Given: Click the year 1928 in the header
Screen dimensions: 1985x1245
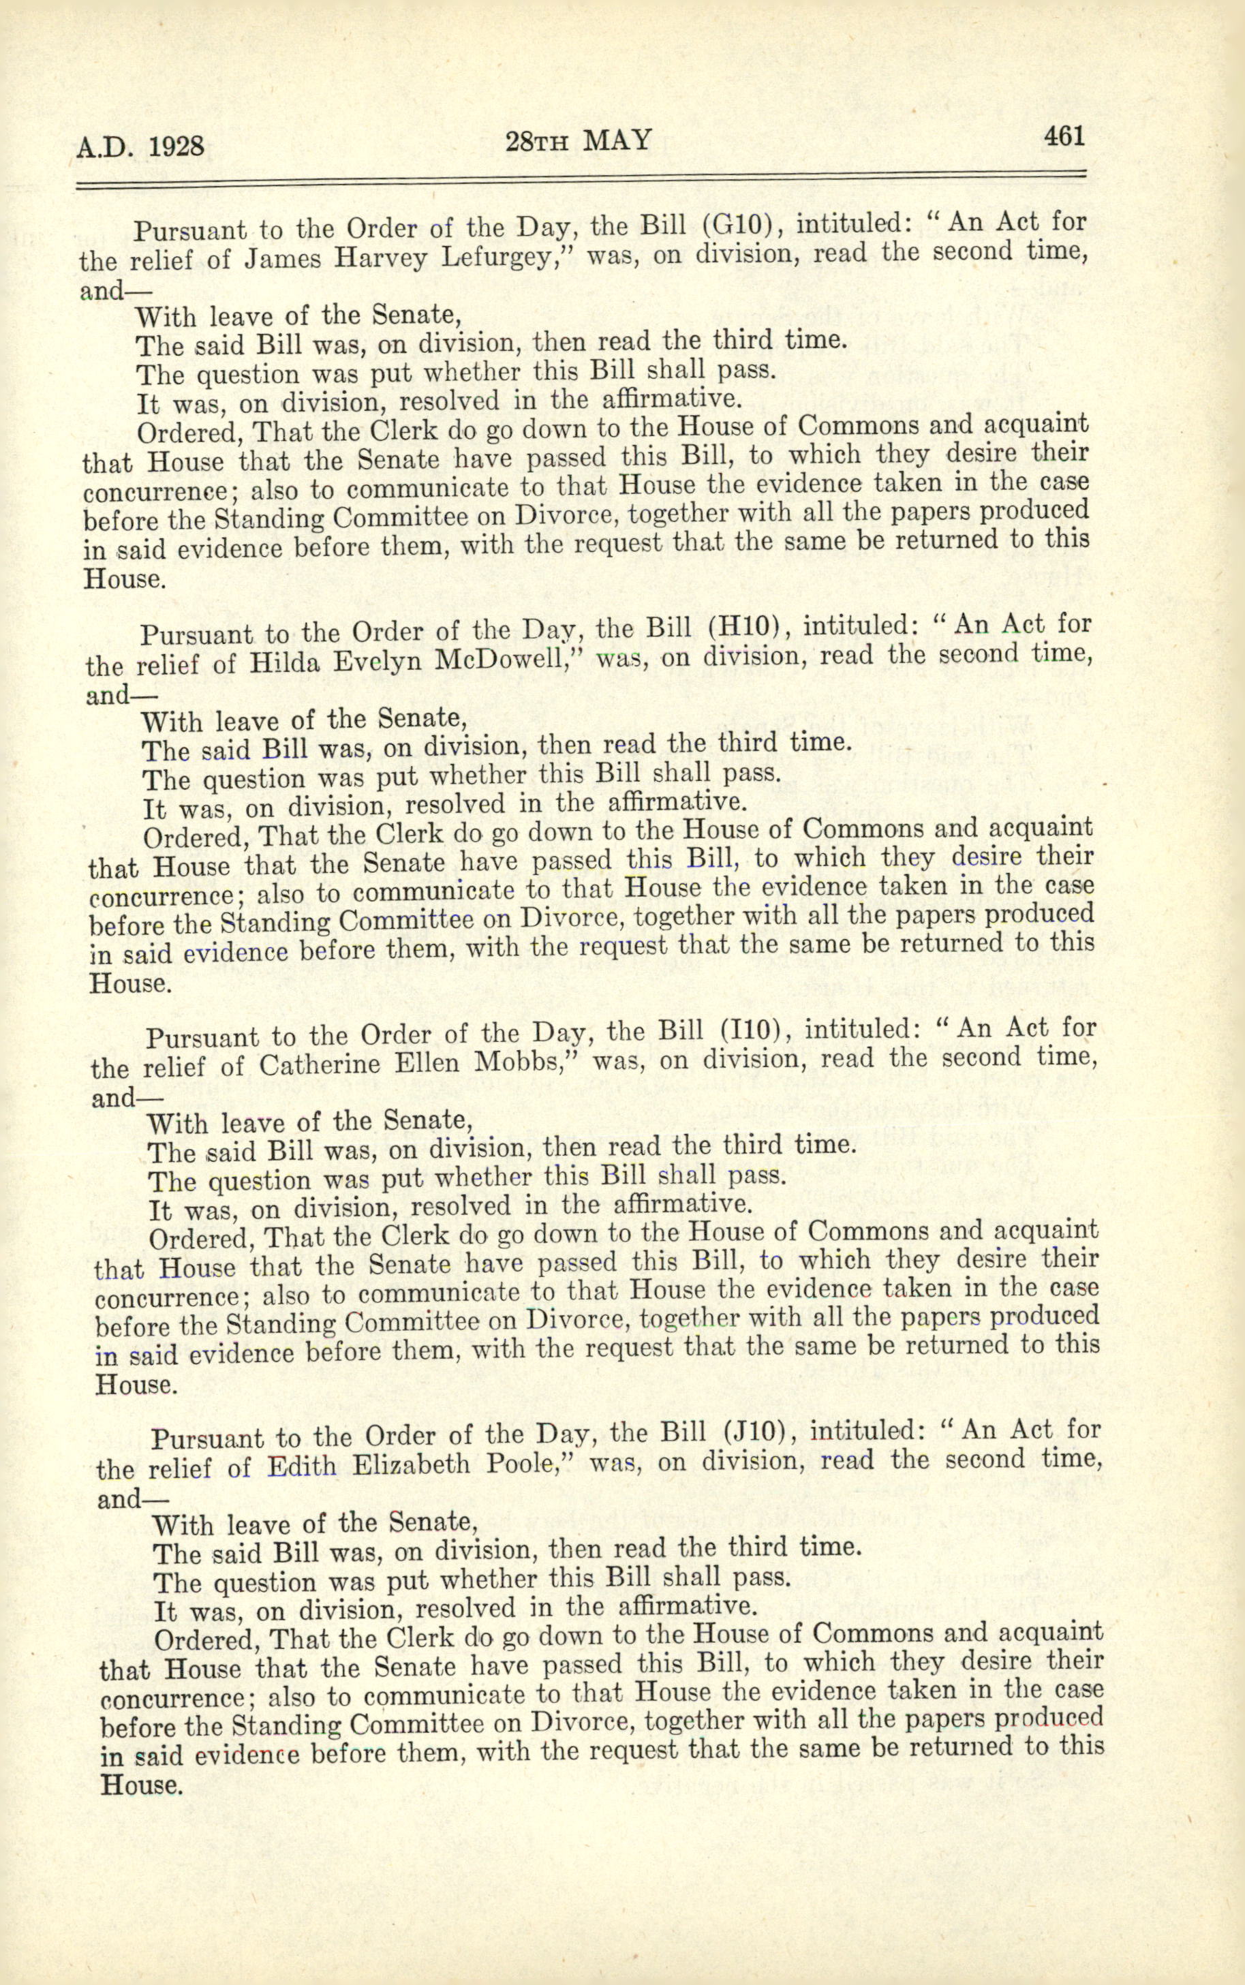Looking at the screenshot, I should coord(176,147).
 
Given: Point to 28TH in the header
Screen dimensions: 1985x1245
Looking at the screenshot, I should coord(536,142).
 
